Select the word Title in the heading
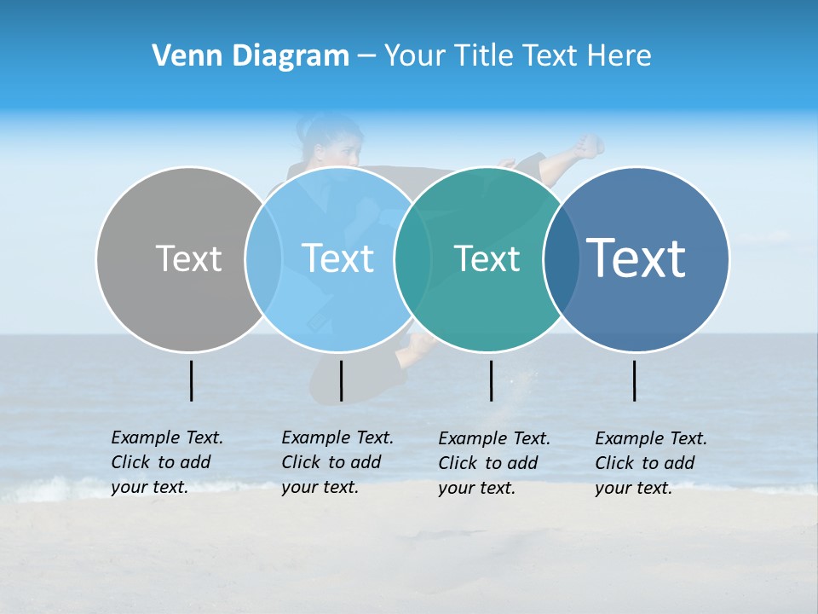tap(487, 56)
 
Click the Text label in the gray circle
tap(188, 258)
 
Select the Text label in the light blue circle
tap(338, 258)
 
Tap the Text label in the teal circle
tap(487, 258)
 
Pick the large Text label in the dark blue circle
tap(637, 258)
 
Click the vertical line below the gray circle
tap(191, 380)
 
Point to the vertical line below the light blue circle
tap(341, 380)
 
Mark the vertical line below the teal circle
tap(491, 380)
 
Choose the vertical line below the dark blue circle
tap(634, 380)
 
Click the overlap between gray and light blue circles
tap(263, 258)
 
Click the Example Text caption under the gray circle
tap(167, 462)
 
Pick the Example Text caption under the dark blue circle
tap(651, 463)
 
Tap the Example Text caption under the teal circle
tap(494, 463)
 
